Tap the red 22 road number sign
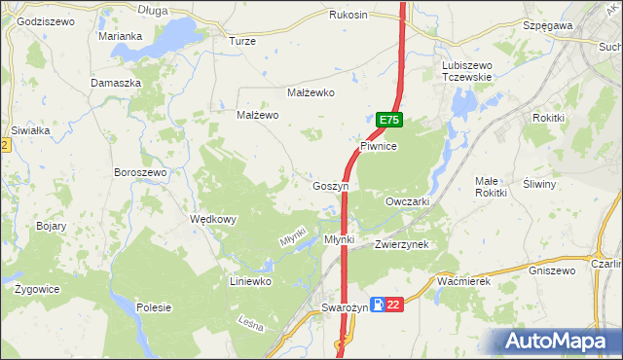pos(392,306)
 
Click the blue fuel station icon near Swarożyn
pos(376,306)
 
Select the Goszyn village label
pos(329,186)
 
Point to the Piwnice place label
pos(379,145)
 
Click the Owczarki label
pos(407,201)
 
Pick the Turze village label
pos(241,42)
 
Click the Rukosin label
pos(348,16)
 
